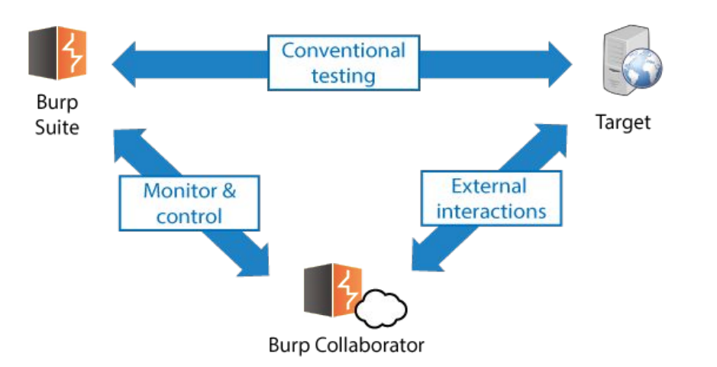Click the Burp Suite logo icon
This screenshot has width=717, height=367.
(57, 54)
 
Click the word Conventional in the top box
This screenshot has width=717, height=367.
(344, 51)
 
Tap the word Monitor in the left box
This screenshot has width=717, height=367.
(175, 191)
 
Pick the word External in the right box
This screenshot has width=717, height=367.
(489, 186)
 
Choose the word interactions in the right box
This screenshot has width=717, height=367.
(491, 211)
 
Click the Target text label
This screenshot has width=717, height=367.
(623, 122)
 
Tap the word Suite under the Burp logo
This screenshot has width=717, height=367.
(57, 126)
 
